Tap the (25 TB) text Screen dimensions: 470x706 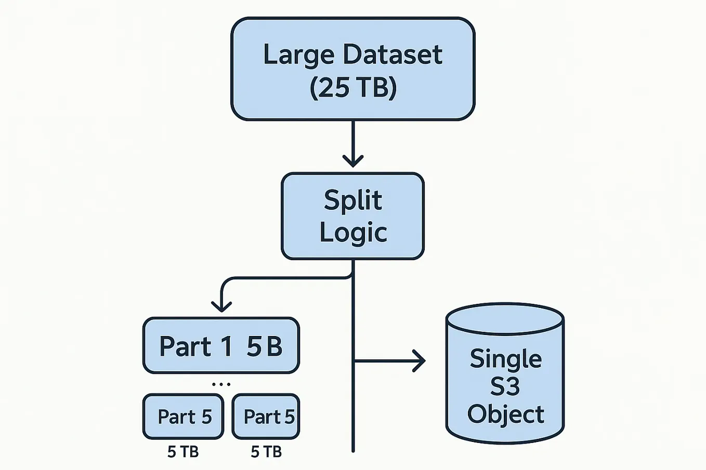[x=353, y=87]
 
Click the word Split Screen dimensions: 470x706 [x=353, y=200]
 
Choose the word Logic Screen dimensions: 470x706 [x=353, y=232]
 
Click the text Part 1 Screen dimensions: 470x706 [x=195, y=346]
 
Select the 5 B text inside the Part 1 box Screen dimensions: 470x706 [x=264, y=346]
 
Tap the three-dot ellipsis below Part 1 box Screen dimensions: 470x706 [x=221, y=384]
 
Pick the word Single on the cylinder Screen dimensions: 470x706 [x=505, y=359]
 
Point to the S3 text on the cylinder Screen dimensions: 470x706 [x=505, y=387]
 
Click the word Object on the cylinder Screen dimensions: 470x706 [x=505, y=414]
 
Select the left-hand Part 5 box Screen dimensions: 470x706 [x=184, y=417]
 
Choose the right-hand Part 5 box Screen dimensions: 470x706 [x=266, y=417]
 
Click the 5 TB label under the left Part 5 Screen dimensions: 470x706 [x=183, y=452]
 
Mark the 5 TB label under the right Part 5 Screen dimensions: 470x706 [x=266, y=452]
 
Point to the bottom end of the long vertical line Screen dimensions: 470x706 [x=353, y=450]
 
